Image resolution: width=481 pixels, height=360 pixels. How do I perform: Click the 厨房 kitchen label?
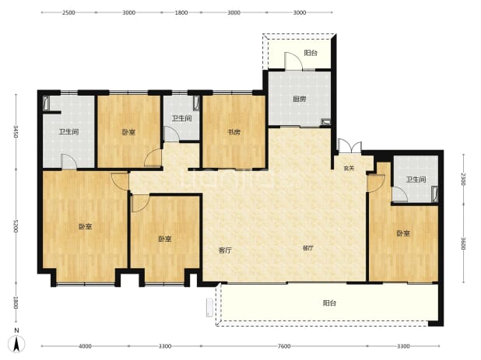[299, 100]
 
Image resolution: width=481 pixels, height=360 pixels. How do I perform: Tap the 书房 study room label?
[233, 132]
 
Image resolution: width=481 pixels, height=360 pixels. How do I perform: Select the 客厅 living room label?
[225, 250]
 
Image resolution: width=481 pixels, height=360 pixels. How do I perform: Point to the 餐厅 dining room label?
[308, 248]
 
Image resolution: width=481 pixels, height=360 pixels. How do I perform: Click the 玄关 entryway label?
[349, 168]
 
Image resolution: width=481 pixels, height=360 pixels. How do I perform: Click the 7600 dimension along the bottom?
[284, 346]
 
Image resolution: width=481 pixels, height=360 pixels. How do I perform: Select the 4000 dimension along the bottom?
[85, 346]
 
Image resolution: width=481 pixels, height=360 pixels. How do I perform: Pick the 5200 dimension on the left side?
[16, 225]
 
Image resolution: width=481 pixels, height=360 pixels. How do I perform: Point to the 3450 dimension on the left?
[16, 131]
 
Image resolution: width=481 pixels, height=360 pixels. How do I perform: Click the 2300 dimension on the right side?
[463, 180]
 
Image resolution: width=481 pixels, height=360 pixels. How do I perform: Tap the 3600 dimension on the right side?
[463, 243]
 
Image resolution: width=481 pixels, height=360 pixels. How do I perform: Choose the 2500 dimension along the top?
[68, 12]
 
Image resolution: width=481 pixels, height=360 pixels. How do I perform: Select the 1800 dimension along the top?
[181, 12]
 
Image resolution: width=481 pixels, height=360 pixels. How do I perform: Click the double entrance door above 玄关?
[349, 146]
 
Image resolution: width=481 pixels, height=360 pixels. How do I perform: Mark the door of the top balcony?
[293, 61]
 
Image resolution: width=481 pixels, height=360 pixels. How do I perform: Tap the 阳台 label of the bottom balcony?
[329, 303]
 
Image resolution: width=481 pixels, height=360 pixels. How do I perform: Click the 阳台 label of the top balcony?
[311, 53]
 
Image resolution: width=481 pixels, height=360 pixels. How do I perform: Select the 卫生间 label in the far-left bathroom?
[68, 132]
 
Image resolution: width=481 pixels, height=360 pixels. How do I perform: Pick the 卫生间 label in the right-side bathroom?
[416, 180]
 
